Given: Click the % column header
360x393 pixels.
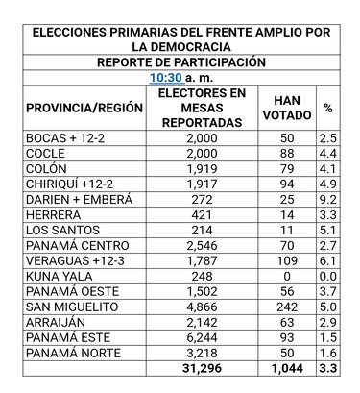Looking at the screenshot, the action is point(328,109).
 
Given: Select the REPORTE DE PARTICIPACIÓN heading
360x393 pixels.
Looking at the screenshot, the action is point(181,62).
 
